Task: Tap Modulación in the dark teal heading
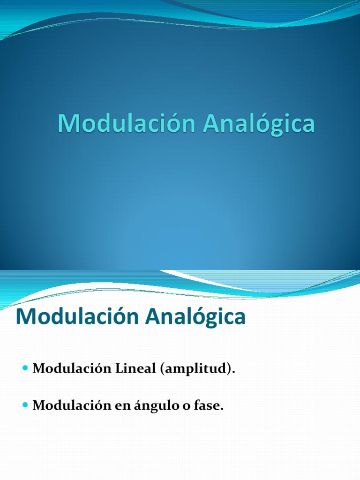click(77, 317)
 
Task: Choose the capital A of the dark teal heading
click(154, 317)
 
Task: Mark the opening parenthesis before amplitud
click(162, 370)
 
